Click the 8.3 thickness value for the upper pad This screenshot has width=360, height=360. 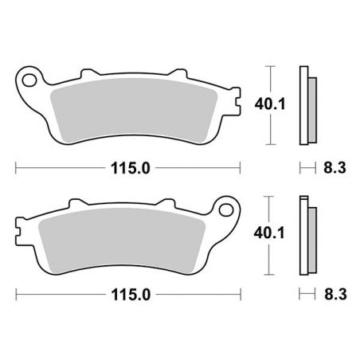point(335,168)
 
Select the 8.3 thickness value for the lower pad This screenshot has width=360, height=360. point(335,299)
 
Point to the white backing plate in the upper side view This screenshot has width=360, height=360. point(303,104)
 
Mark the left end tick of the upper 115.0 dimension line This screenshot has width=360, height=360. point(17,168)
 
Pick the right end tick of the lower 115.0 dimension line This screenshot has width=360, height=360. point(240,299)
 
